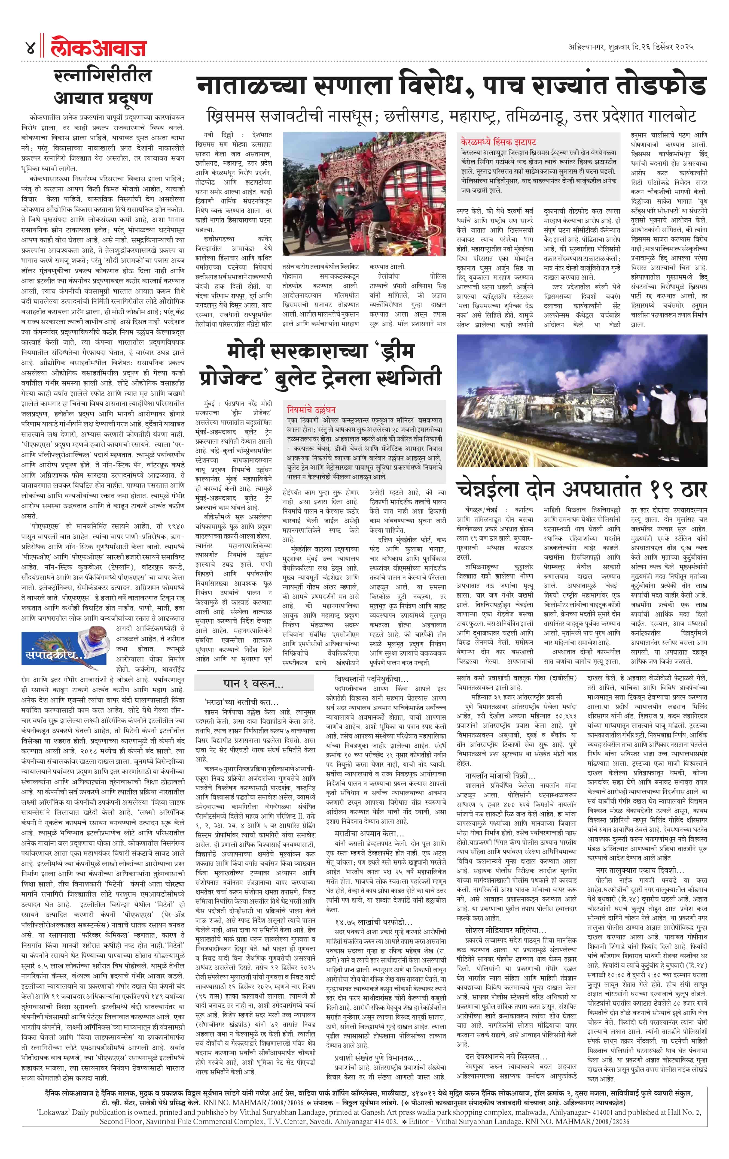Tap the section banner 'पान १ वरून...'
(253, 683)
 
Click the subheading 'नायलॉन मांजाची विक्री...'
(500, 776)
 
